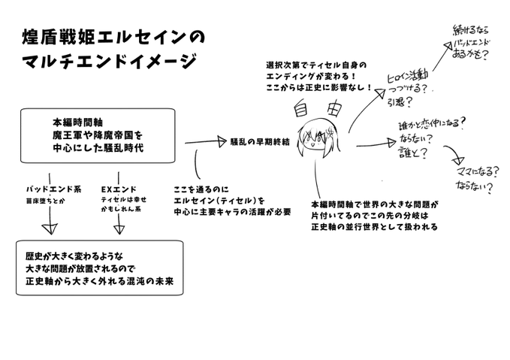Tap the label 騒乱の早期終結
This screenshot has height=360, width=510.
pos(261,141)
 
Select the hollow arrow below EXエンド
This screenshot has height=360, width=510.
pos(119,223)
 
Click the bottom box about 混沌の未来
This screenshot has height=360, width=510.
pos(98,268)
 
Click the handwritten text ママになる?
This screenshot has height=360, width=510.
pos(475,172)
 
